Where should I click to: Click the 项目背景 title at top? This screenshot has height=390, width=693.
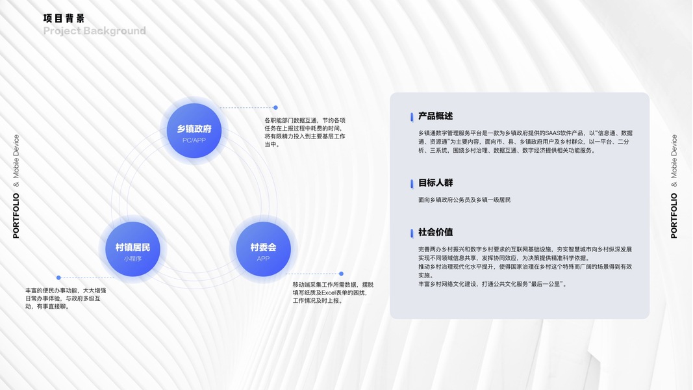[64, 18]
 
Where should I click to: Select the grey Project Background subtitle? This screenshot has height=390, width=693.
[95, 31]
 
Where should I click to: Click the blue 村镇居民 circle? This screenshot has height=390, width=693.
[132, 249]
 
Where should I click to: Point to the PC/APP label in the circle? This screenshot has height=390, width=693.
[195, 140]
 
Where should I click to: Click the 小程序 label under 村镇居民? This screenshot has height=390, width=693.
[132, 259]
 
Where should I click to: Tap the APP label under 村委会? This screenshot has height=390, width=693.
[263, 259]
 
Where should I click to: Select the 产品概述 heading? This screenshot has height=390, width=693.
[436, 116]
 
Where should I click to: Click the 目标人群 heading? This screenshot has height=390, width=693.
[436, 183]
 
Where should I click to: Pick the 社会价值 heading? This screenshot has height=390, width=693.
[436, 232]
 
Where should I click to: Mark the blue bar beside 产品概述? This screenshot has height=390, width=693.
[412, 117]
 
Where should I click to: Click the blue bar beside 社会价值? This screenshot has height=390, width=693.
[412, 233]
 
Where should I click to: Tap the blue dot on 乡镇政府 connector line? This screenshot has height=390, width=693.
[275, 107]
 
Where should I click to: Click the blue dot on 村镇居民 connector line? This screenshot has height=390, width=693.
[58, 278]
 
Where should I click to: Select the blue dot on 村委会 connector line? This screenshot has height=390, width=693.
[341, 274]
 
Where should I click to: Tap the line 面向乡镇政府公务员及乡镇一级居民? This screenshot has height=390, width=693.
[464, 200]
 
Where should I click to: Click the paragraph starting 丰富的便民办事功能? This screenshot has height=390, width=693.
[66, 298]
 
